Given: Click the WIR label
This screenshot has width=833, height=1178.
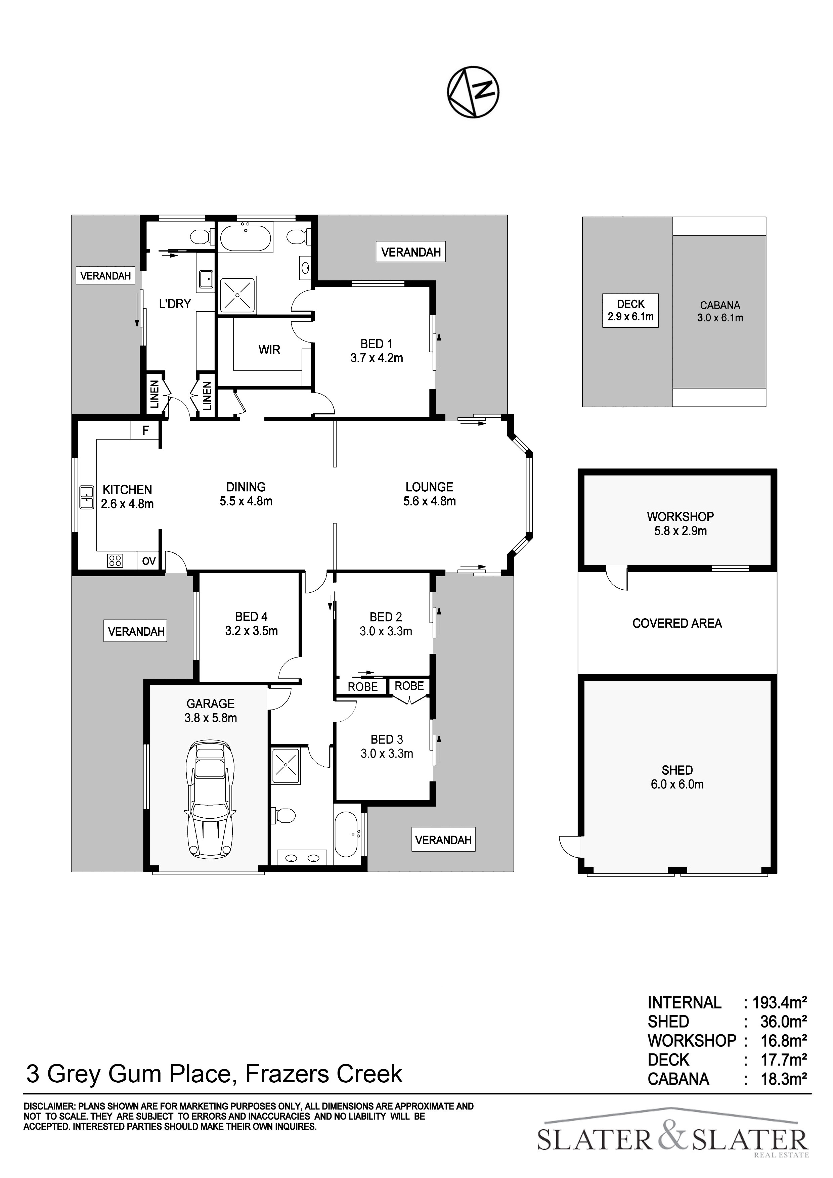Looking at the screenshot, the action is click(x=269, y=350).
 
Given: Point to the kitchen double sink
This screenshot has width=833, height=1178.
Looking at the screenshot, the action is click(x=87, y=497).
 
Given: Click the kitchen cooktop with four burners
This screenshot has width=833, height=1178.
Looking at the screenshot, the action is click(x=115, y=561).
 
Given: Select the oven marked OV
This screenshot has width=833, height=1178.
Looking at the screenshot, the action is click(x=149, y=561).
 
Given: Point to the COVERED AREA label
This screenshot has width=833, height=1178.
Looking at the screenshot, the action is click(x=677, y=623).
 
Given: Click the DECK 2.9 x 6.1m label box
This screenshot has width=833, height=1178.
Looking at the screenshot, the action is click(x=630, y=310).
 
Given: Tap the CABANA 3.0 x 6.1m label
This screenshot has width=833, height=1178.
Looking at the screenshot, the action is click(x=719, y=311).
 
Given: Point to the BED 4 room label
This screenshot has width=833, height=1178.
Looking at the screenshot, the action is click(x=252, y=624).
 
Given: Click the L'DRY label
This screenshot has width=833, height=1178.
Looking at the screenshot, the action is click(x=175, y=304).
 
